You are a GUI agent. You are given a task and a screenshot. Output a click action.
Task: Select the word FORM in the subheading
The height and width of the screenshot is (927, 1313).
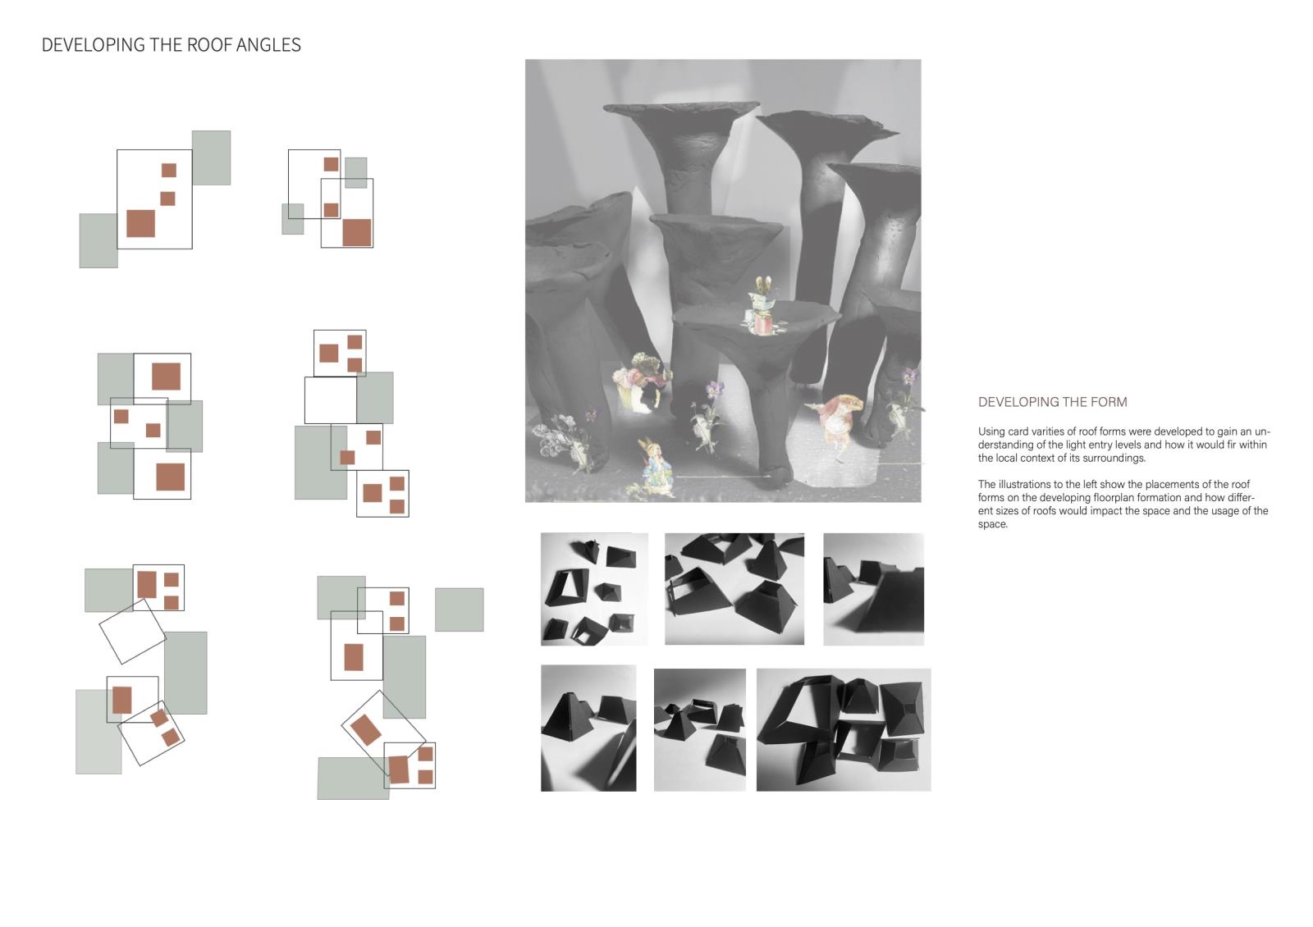pos(1109,402)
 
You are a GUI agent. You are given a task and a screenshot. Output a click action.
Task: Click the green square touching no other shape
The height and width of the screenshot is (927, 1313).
pos(459,610)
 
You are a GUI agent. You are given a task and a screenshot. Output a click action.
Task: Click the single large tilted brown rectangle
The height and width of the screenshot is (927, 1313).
pos(366,729)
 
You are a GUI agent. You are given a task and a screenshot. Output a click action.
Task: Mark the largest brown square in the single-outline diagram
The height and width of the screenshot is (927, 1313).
pos(140,223)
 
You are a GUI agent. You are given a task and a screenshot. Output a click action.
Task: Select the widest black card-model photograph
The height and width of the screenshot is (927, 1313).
pos(844,730)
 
